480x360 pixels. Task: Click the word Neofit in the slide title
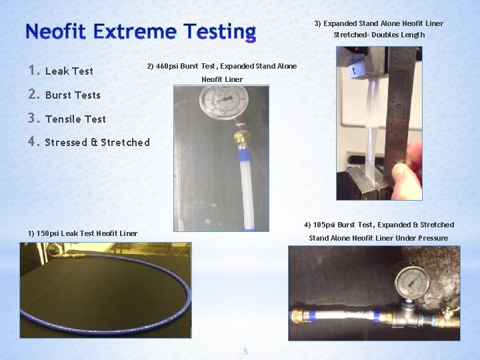click(x=56, y=31)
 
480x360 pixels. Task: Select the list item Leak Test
click(x=69, y=71)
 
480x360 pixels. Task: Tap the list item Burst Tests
click(x=73, y=95)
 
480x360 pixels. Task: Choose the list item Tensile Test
click(x=75, y=119)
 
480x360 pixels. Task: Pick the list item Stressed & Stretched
click(x=97, y=143)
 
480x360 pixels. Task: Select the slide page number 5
click(x=245, y=351)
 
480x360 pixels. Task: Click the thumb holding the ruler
click(x=403, y=179)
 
